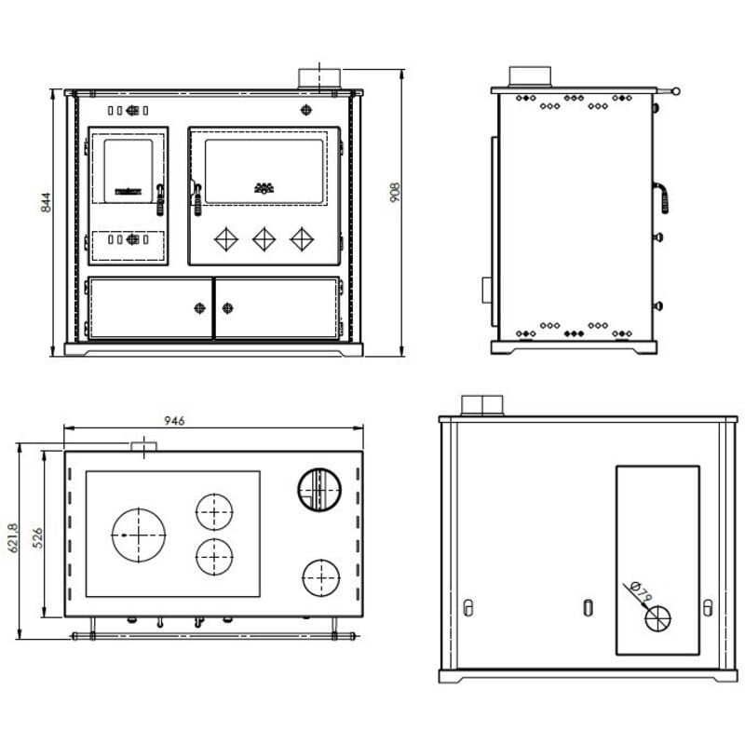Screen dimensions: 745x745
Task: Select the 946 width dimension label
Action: (173, 421)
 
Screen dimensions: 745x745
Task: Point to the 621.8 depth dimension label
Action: (12, 537)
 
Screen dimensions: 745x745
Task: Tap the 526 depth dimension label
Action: (38, 537)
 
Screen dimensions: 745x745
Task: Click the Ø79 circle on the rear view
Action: (658, 616)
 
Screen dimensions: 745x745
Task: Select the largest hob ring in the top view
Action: (139, 535)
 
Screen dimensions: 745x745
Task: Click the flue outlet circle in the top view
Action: (319, 490)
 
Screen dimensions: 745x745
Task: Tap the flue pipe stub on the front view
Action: (318, 78)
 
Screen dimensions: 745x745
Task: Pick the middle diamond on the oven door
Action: (264, 239)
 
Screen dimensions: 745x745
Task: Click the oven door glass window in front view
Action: (264, 170)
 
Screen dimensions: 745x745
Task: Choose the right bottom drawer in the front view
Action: (278, 308)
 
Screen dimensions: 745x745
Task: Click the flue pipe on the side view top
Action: (531, 76)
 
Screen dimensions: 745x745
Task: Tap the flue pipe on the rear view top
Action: (482, 405)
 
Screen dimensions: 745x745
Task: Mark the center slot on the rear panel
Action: (588, 608)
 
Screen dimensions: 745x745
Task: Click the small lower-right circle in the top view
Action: (319, 578)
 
